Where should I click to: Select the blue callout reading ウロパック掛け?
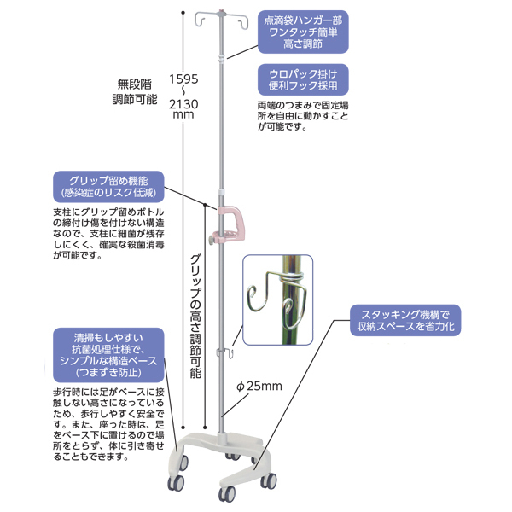(x=294, y=79)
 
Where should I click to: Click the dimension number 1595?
(x=183, y=77)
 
